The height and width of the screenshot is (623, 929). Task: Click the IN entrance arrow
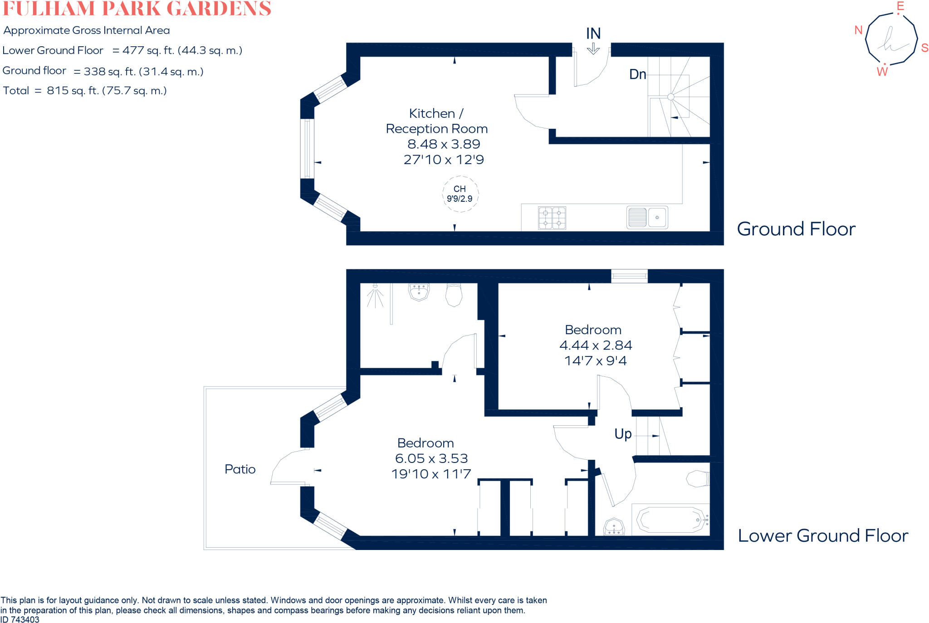593,49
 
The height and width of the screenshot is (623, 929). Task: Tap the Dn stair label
637,74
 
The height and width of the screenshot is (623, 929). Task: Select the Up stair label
623,434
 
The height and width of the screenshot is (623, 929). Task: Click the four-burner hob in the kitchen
552,218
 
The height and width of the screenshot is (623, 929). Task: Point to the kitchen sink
647,218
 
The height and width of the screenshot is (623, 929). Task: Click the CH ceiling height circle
460,194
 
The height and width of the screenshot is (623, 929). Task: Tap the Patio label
240,469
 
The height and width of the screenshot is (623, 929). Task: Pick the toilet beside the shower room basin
454,295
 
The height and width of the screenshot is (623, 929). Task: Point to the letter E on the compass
900,6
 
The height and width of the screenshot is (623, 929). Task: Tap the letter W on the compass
882,72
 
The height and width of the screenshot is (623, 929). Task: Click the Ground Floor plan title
796,229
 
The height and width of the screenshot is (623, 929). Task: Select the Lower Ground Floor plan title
823,535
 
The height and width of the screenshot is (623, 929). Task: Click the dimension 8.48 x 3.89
444,144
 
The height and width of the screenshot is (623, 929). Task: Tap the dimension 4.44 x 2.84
596,346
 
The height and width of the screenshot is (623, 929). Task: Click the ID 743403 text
20,619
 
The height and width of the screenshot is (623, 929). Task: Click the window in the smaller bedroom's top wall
629,276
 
